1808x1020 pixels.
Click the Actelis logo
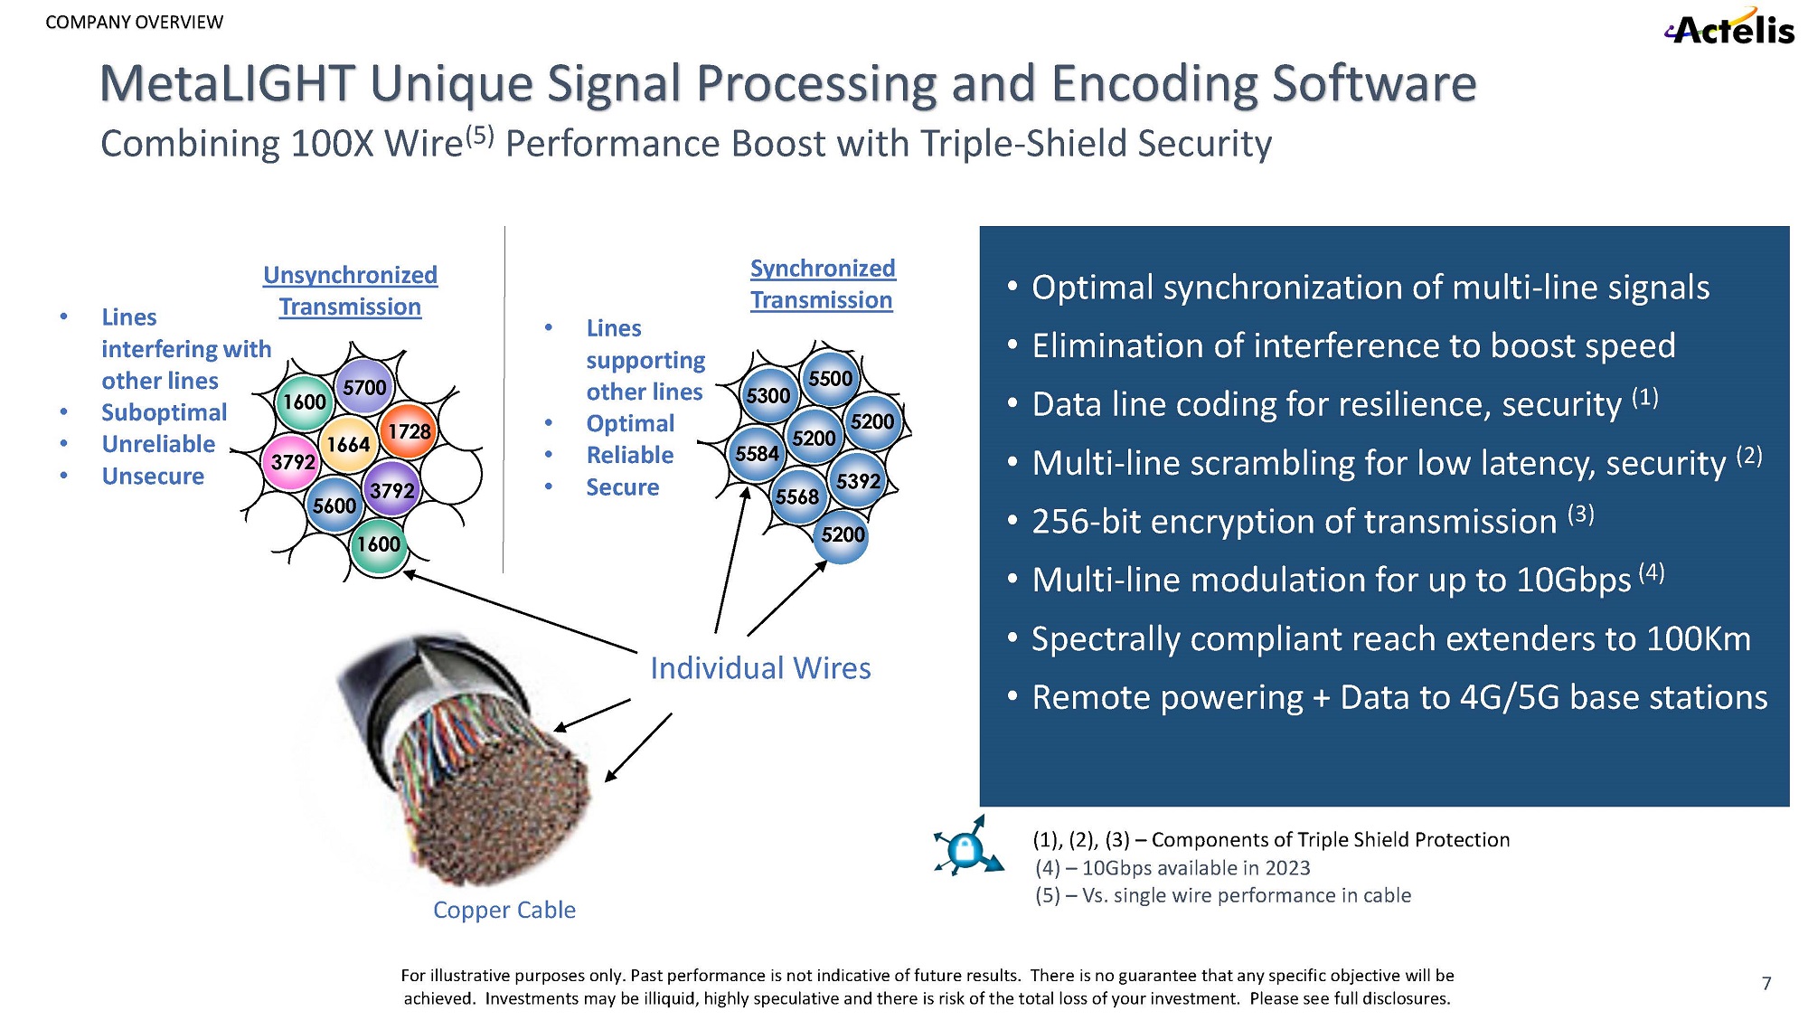1730,28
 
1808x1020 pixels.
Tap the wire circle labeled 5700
364,387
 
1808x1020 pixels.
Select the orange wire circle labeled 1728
409,431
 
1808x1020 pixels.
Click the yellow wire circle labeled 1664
348,444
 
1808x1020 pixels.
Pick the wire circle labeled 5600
334,505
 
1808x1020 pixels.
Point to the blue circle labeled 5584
757,453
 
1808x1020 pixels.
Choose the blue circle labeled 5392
858,481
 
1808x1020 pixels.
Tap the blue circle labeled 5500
830,378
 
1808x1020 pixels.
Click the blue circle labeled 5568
796,496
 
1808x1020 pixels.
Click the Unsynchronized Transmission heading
350,290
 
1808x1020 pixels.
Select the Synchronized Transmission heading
822,284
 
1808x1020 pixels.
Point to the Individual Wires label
760,668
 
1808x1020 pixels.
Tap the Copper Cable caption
504,910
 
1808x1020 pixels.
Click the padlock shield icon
966,848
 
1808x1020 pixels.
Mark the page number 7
1766,983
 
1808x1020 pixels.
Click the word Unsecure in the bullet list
153,477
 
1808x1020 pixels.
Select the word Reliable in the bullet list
630,455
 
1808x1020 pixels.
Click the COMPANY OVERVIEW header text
134,22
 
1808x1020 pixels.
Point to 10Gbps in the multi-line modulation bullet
1573,581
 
